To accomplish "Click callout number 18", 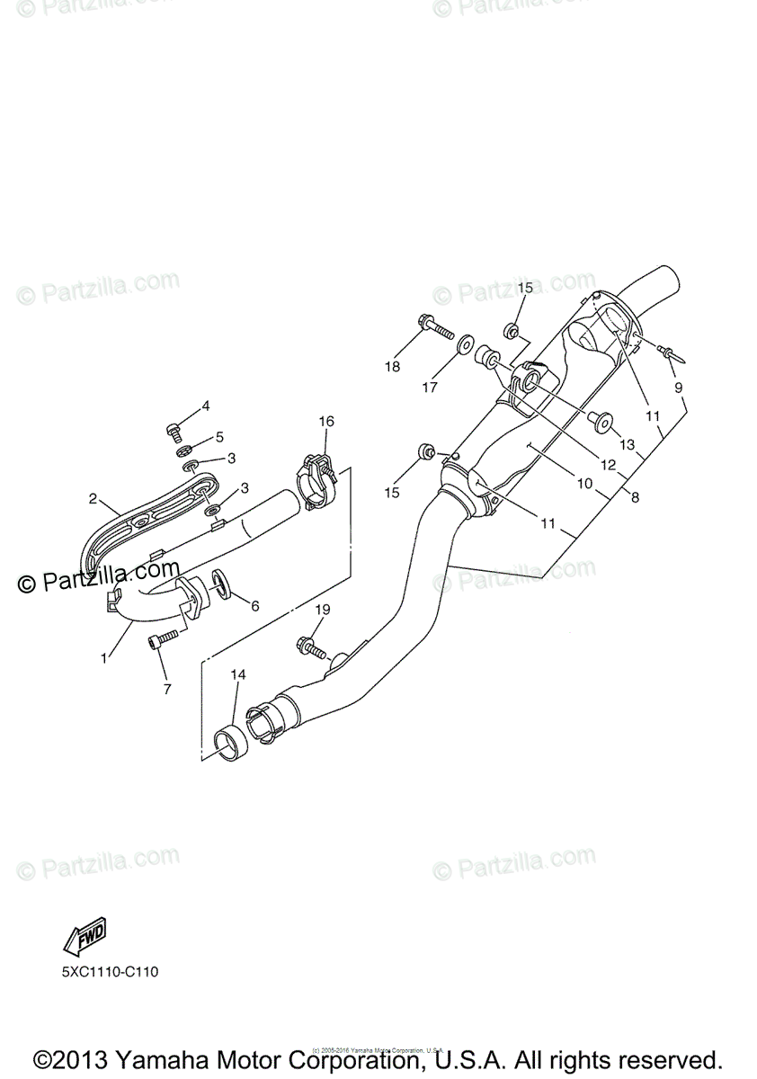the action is tap(392, 366).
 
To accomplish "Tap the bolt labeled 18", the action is tap(432, 325).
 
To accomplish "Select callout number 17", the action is tap(430, 387).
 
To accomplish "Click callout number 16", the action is tap(325, 421).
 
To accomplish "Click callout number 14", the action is tap(237, 673).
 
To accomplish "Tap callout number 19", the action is tap(323, 610).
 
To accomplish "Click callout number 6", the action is tap(255, 606).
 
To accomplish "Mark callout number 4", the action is tap(205, 406).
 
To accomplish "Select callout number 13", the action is tap(627, 443).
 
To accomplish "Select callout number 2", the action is tap(93, 497).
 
